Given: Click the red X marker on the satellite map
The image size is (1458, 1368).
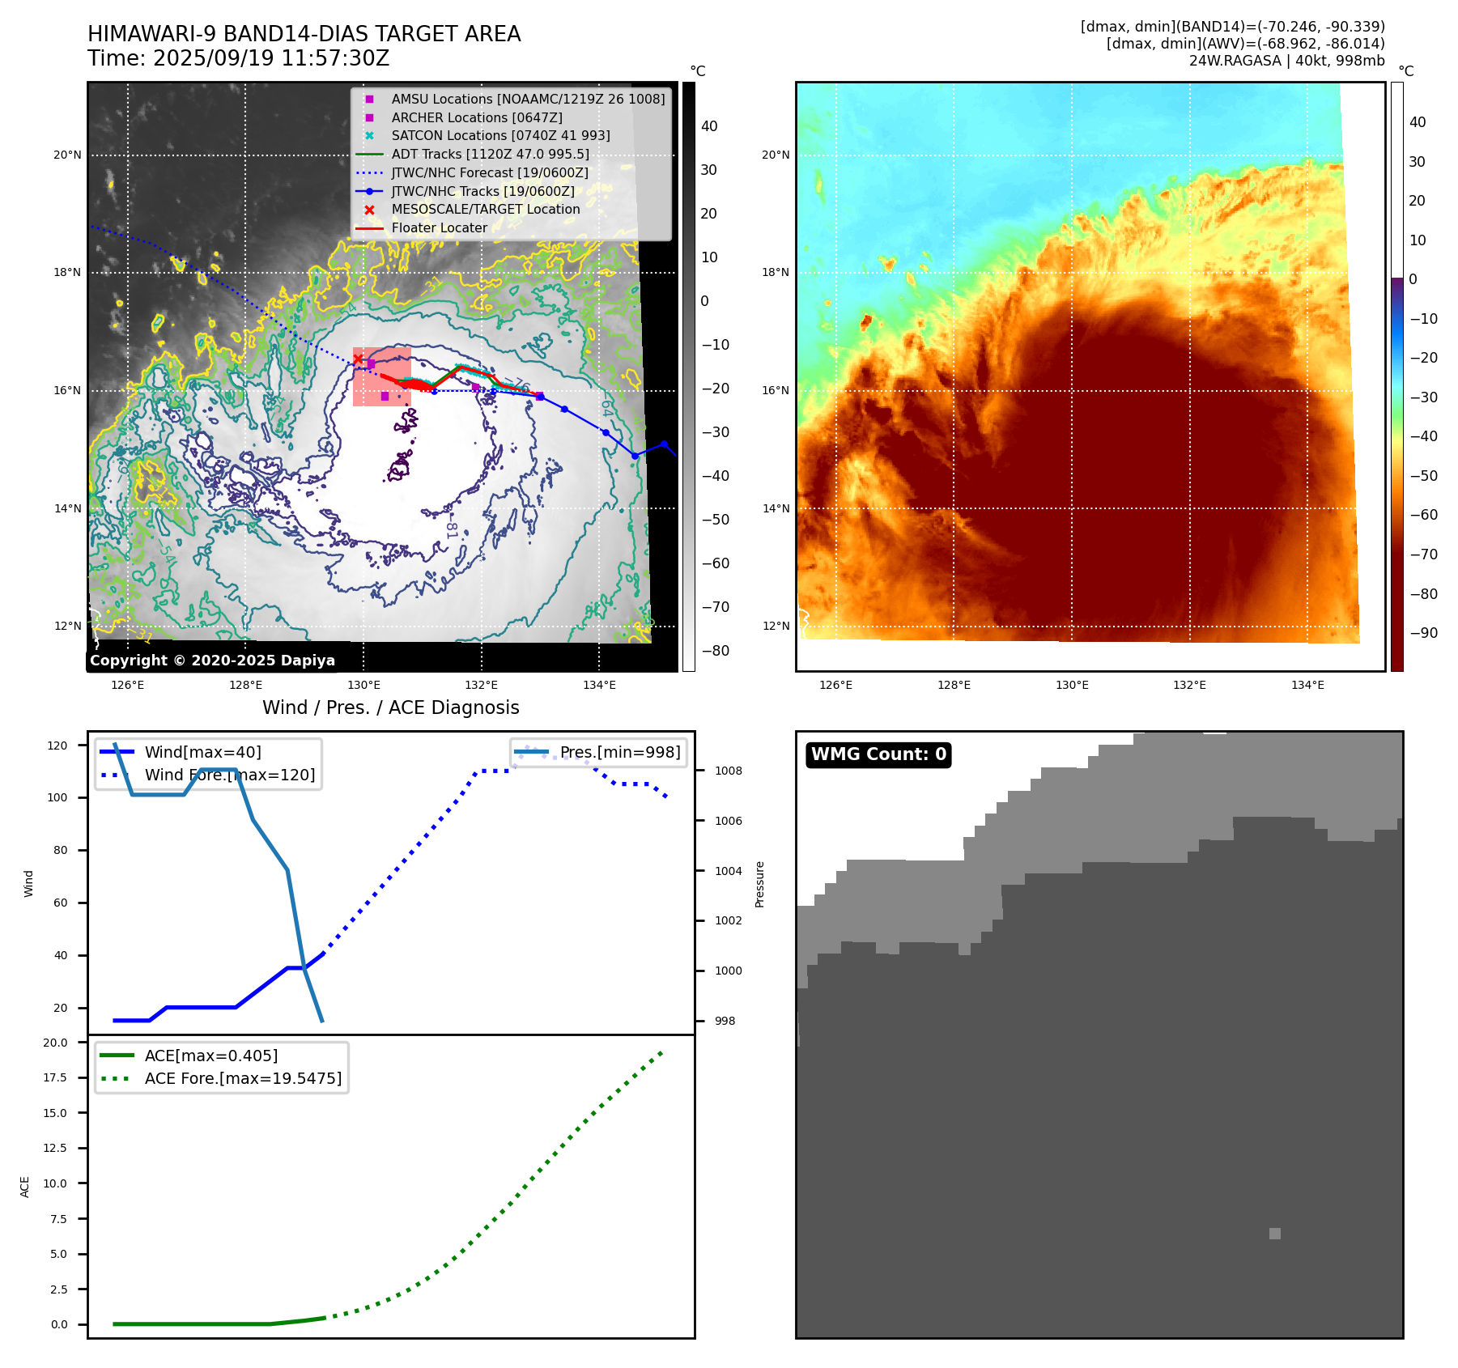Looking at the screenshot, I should point(358,359).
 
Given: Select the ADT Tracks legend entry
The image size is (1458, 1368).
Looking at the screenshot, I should point(490,154).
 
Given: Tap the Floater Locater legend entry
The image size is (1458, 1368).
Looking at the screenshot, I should point(439,227).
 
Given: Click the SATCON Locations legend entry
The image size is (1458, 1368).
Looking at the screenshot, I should point(500,135).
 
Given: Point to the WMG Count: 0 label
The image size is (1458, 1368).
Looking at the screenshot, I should point(878,754).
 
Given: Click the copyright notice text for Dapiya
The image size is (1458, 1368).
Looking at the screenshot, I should point(212,661).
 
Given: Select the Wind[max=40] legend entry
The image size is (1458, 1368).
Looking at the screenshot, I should point(202,752).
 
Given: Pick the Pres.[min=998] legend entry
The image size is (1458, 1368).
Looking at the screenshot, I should point(620,752).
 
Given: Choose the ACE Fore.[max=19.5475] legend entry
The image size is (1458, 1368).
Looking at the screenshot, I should point(243,1078).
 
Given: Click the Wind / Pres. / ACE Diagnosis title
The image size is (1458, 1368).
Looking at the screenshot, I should point(390,707).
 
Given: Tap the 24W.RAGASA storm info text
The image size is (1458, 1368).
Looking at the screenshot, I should point(1286,61).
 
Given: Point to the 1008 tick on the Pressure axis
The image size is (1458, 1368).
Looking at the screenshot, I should point(728,771).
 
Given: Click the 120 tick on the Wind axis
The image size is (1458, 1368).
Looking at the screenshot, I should point(57,746).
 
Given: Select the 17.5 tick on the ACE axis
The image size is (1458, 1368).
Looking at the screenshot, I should point(55,1077).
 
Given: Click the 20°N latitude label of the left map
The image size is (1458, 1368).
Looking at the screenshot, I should point(67,155).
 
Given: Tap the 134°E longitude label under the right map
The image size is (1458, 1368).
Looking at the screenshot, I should point(1307,685).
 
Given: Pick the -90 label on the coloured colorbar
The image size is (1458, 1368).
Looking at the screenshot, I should point(1423,633).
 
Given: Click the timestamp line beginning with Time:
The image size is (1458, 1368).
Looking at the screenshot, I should point(239,59).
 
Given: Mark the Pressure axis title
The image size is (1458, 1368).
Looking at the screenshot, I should point(759,884).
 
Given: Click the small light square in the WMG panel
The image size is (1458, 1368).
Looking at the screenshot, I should point(1275,1234).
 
